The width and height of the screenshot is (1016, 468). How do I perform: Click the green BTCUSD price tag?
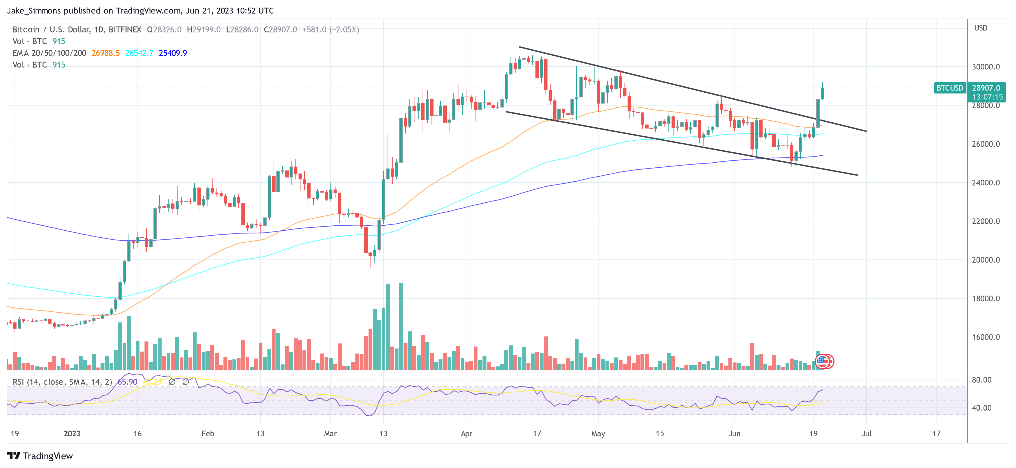(949, 88)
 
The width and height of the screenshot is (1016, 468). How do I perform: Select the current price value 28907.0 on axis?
(986, 88)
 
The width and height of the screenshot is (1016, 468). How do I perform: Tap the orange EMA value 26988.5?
(105, 53)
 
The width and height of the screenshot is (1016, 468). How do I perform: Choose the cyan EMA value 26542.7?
(139, 53)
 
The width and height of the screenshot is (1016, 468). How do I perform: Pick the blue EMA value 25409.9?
(173, 53)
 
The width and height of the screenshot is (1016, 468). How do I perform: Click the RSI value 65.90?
(127, 382)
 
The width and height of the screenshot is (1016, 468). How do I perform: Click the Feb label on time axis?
(208, 434)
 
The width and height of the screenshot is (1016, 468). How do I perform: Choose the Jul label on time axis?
(866, 434)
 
